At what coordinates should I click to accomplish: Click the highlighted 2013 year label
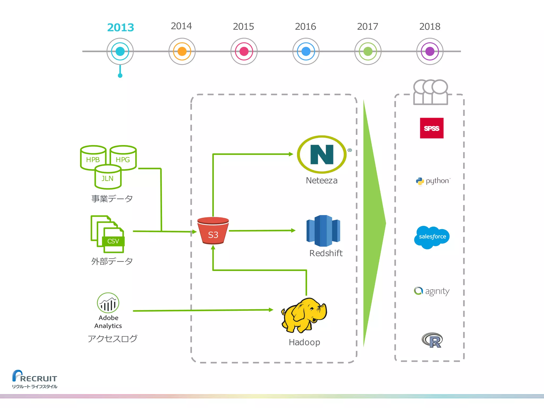click(120, 27)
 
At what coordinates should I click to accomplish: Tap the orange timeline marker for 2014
click(182, 51)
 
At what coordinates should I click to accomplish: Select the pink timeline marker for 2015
click(244, 51)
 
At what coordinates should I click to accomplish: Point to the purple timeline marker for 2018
click(430, 51)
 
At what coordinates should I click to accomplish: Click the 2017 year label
click(367, 27)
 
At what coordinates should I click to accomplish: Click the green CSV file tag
click(113, 241)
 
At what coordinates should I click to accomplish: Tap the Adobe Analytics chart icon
click(108, 303)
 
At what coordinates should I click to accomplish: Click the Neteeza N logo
click(322, 154)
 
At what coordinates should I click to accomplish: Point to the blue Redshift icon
click(323, 231)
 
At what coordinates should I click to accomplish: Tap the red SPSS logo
click(432, 128)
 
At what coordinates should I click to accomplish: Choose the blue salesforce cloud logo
click(432, 237)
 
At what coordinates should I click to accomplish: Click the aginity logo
click(432, 291)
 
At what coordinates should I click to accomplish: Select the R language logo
click(432, 340)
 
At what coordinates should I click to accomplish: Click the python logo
click(433, 181)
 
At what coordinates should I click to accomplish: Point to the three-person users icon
click(431, 92)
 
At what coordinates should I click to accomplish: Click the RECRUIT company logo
click(35, 379)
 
